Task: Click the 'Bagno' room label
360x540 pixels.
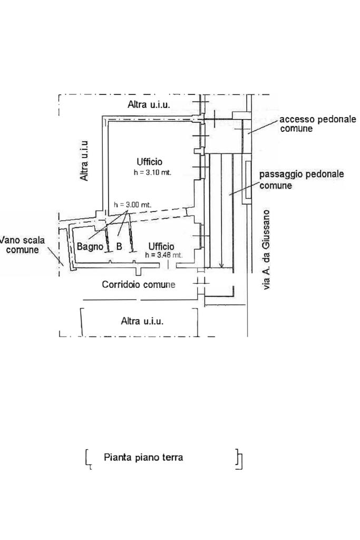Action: (90, 247)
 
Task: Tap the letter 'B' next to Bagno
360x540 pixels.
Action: (119, 247)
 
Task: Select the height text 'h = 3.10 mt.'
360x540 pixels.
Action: (152, 172)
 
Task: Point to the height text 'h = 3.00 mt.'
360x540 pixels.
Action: (132, 205)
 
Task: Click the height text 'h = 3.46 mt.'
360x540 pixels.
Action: (164, 255)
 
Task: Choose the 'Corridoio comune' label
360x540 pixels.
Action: (139, 284)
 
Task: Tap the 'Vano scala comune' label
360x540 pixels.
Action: (23, 245)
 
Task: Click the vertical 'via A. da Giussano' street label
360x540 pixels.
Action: (266, 249)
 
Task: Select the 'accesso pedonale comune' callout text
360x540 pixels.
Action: (318, 124)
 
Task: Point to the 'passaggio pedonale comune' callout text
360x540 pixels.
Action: (301, 179)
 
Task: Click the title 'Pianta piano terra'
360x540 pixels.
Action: (143, 457)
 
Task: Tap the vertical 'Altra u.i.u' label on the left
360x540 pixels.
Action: (84, 160)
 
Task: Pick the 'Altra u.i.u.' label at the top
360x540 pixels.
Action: (149, 104)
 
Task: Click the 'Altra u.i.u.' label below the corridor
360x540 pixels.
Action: (142, 321)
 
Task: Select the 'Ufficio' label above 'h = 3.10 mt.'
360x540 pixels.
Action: (149, 161)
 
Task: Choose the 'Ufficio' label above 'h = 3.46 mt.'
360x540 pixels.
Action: (161, 246)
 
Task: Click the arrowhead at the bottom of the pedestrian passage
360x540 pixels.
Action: (222, 265)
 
